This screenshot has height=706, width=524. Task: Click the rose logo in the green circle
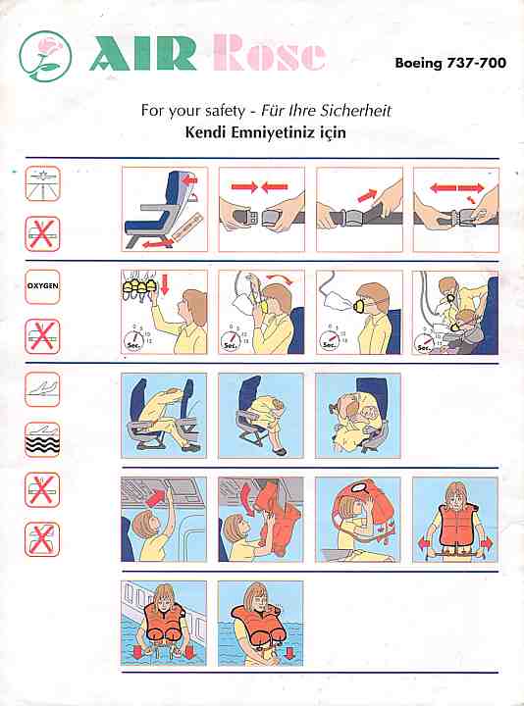[45, 56]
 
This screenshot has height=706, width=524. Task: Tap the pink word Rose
[269, 53]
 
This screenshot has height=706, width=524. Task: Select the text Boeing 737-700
[450, 63]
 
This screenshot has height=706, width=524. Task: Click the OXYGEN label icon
[42, 286]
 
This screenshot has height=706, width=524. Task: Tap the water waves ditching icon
[42, 440]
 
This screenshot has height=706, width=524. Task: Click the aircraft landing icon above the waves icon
[42, 389]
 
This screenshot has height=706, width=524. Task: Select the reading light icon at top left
[42, 183]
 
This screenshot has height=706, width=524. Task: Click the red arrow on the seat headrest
[191, 180]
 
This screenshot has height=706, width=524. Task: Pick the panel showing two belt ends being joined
[262, 210]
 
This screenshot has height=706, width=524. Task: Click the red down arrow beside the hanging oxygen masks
[165, 285]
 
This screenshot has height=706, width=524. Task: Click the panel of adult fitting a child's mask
[456, 312]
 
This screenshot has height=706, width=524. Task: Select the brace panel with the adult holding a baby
[358, 415]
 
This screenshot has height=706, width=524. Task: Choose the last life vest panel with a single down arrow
[261, 624]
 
